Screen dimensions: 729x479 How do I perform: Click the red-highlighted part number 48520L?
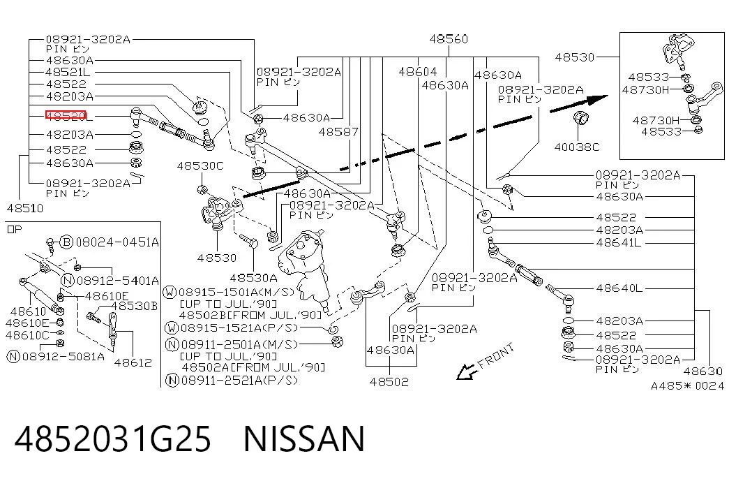click(69, 115)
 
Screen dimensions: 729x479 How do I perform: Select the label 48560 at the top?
click(449, 39)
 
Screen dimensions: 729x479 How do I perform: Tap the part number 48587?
click(338, 132)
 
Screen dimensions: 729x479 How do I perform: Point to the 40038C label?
click(577, 147)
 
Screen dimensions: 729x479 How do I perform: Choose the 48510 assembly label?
click(25, 208)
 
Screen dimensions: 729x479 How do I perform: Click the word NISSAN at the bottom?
click(304, 439)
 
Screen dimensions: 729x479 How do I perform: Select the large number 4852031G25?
click(113, 439)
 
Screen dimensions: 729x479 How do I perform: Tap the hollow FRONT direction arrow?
click(466, 371)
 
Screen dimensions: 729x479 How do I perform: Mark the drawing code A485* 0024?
click(687, 386)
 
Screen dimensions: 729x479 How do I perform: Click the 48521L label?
click(68, 72)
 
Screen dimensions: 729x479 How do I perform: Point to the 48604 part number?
click(417, 72)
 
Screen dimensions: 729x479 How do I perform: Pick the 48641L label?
click(619, 242)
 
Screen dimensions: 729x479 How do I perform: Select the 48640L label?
click(619, 288)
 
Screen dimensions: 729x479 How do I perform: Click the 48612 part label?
click(133, 362)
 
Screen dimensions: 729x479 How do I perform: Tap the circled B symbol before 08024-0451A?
click(67, 242)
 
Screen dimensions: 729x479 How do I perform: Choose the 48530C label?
click(200, 165)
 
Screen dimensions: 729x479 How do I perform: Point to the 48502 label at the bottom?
click(389, 382)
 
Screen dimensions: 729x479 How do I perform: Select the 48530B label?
click(134, 306)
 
